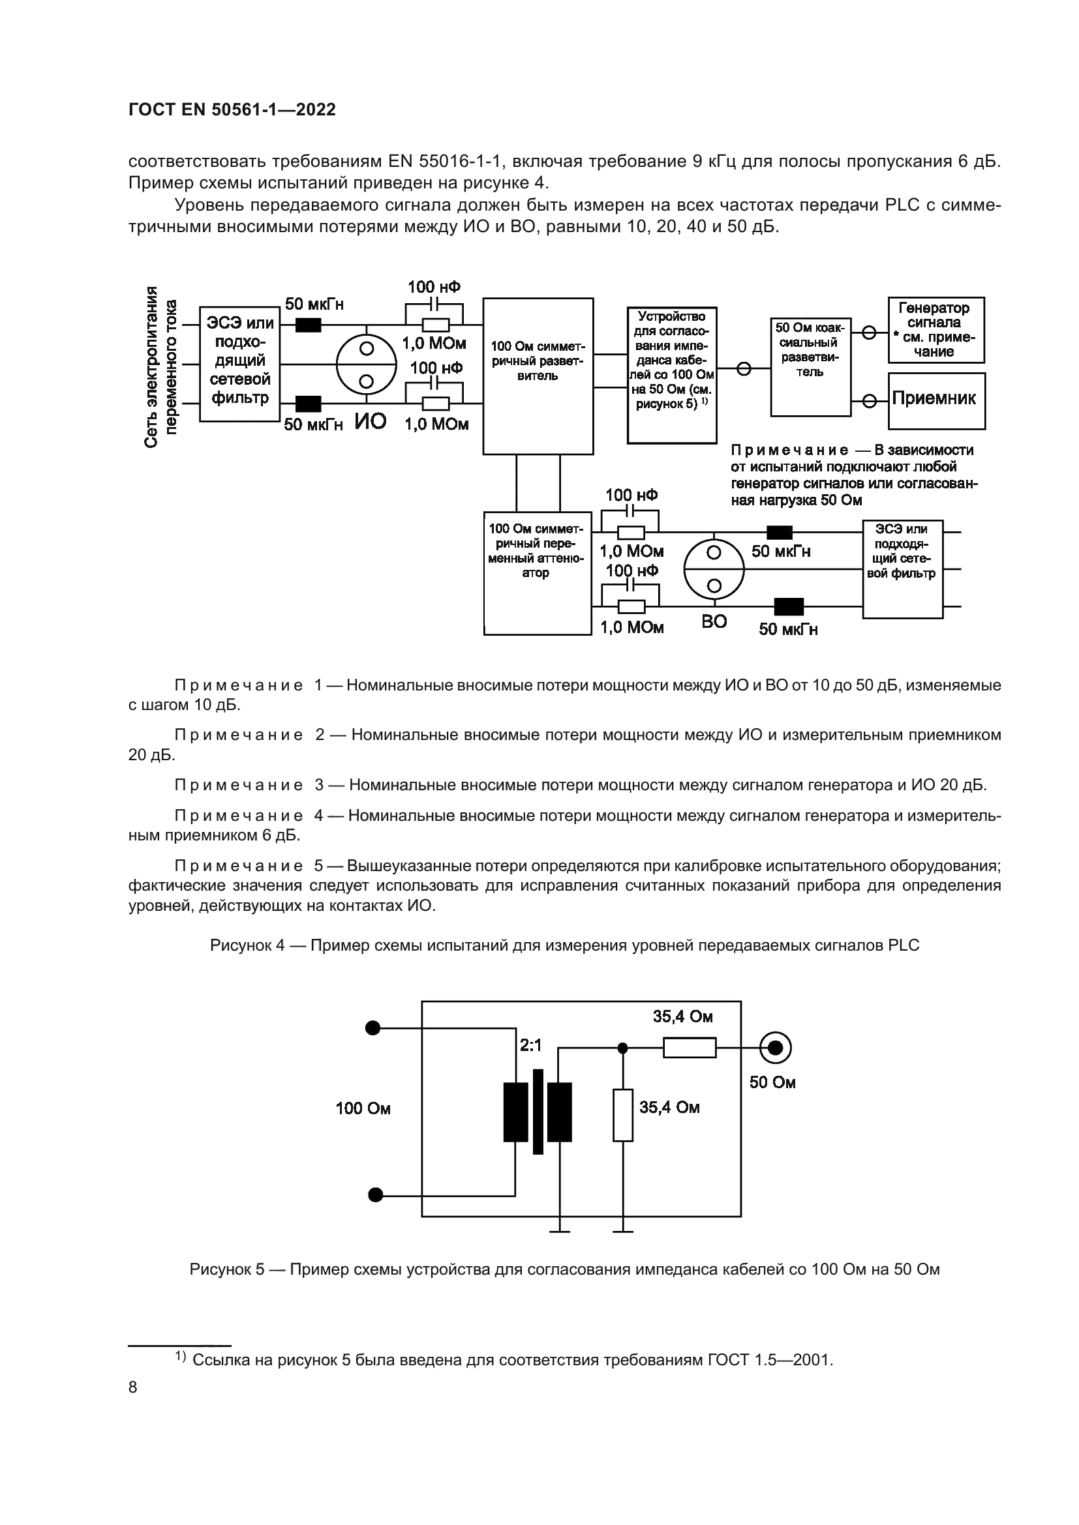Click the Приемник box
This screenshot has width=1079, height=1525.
click(x=936, y=400)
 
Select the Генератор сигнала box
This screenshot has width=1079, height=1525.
click(x=936, y=329)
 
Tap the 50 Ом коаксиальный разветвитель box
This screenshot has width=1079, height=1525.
click(x=811, y=366)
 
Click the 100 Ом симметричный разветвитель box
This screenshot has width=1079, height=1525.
click(x=538, y=376)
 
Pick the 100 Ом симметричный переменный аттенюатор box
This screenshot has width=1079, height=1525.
click(x=537, y=572)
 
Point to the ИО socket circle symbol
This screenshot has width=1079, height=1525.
click(x=366, y=364)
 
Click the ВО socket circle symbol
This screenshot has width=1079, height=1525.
click(x=714, y=569)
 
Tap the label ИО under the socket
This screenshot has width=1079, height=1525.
click(x=370, y=421)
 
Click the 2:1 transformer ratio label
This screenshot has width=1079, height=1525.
click(x=531, y=1045)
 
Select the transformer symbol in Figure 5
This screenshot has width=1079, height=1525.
click(x=538, y=1112)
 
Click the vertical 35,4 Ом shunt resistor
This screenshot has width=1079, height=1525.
click(x=622, y=1115)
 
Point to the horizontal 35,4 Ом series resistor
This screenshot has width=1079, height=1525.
click(x=689, y=1048)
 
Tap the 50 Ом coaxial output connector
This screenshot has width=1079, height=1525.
click(x=775, y=1048)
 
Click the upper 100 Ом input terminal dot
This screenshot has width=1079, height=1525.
click(x=373, y=1028)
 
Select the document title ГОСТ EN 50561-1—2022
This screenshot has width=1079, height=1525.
click(x=232, y=110)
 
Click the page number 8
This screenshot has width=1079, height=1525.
click(x=133, y=1387)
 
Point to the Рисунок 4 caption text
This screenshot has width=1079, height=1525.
click(x=564, y=945)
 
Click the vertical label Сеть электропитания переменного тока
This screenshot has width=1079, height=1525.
click(x=160, y=366)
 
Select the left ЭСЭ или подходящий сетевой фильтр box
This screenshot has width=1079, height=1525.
click(x=240, y=364)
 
